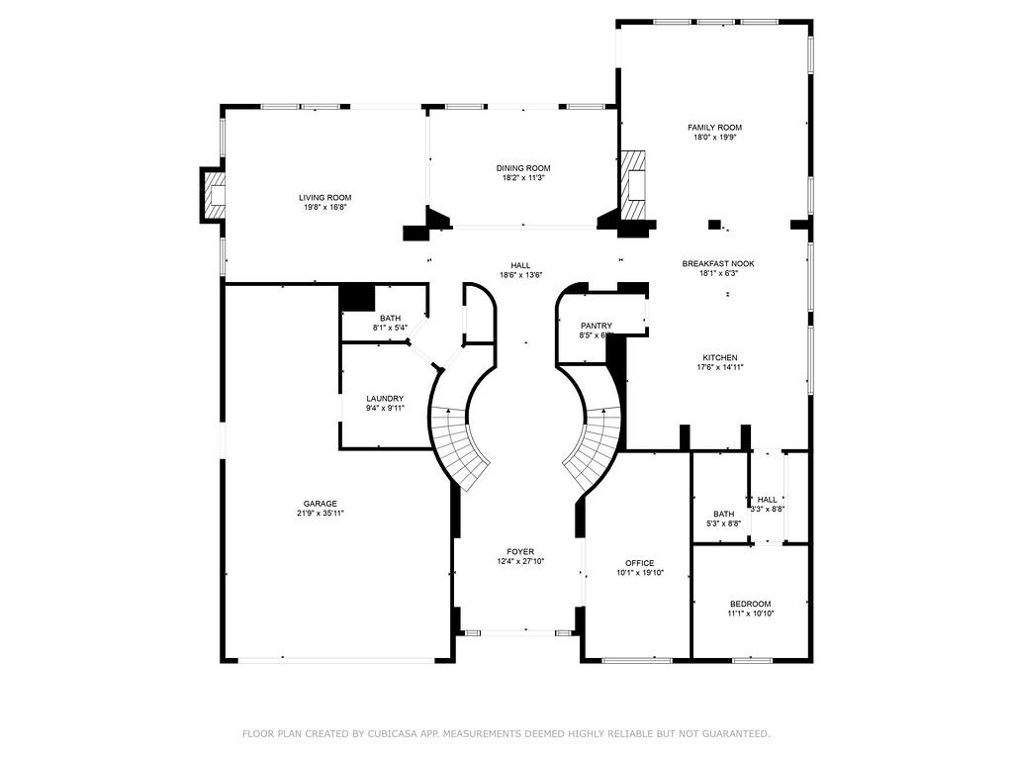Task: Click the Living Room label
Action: [x=324, y=197]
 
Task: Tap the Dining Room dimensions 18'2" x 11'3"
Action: [x=523, y=178]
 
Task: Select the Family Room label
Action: [x=714, y=128]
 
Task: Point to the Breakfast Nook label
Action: [x=717, y=263]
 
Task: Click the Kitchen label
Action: [x=719, y=357]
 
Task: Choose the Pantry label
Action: [x=597, y=326]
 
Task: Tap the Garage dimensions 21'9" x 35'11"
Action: [x=320, y=513]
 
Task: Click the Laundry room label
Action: [x=385, y=398]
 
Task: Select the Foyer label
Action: [x=520, y=551]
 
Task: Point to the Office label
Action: [x=638, y=562]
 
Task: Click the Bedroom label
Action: [x=750, y=604]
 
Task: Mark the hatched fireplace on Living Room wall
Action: [x=214, y=195]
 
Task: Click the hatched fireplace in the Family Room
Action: [x=633, y=186]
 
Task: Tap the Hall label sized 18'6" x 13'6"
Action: [x=520, y=265]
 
